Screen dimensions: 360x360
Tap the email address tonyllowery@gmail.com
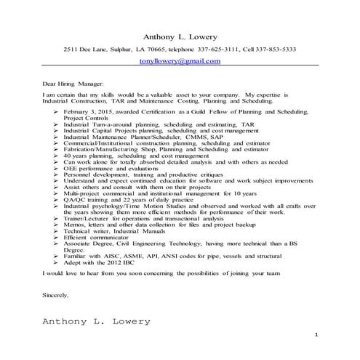180,61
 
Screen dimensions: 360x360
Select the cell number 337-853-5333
271,49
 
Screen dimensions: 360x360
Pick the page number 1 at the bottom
317,334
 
